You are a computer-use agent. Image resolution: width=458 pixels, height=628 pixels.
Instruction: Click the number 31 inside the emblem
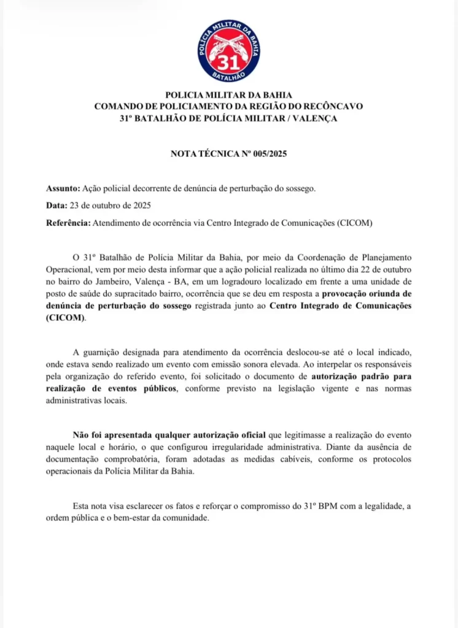pos(228,61)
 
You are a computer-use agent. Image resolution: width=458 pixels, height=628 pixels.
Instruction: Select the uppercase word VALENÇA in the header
pos(315,118)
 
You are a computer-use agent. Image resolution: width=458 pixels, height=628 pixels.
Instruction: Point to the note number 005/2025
pos(268,153)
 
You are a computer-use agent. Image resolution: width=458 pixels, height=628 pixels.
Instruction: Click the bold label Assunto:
pos(63,188)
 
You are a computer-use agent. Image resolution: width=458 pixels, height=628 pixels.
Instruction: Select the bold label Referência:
pos(68,223)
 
